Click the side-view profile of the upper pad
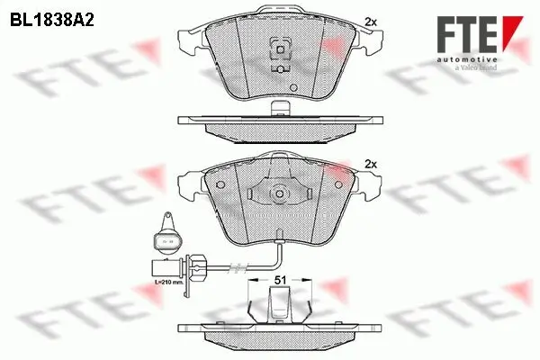(x=279, y=123)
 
